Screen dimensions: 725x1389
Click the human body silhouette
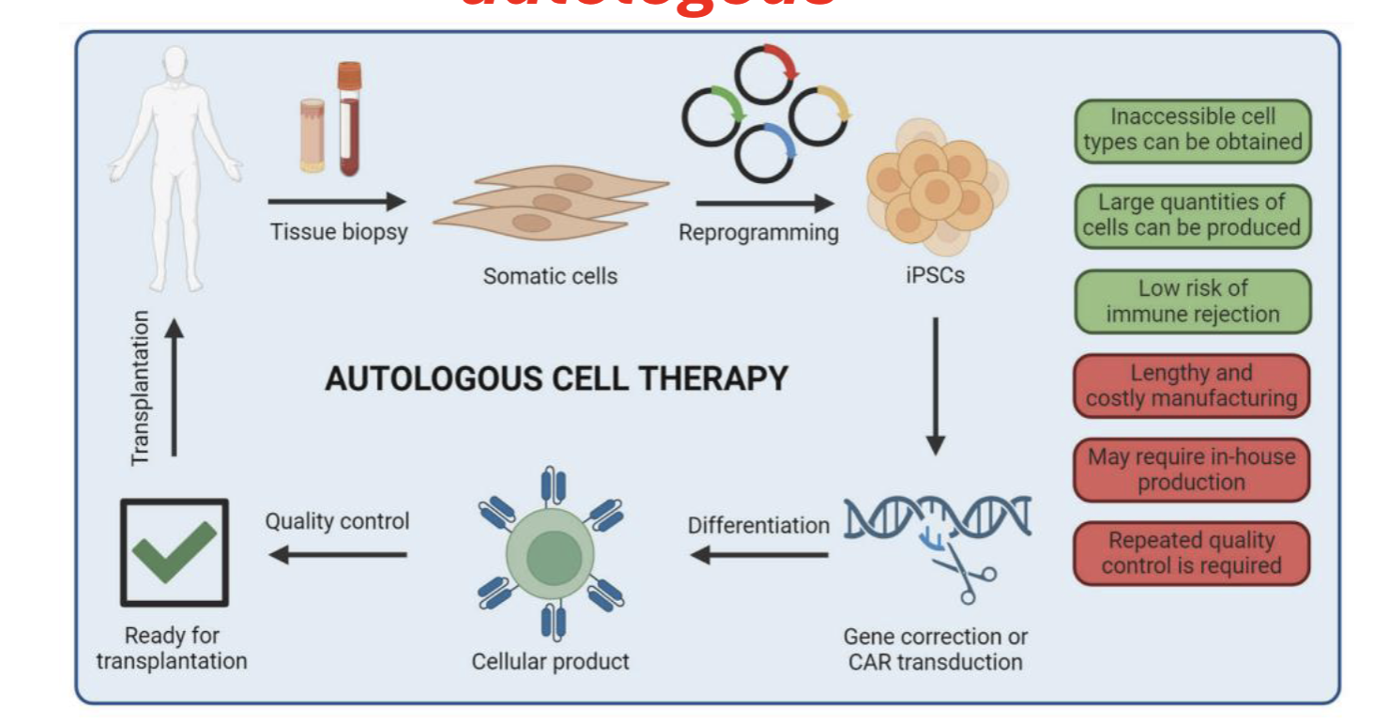pyautogui.click(x=175, y=160)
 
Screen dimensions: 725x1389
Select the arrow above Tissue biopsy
pyautogui.click(x=337, y=201)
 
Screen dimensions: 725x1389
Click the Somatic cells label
pyautogui.click(x=550, y=276)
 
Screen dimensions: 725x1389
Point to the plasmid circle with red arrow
pyautogui.click(x=765, y=72)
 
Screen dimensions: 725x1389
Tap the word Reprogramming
pyautogui.click(x=758, y=232)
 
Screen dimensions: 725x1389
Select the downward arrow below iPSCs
pyautogui.click(x=935, y=385)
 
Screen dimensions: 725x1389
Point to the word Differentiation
pyautogui.click(x=758, y=525)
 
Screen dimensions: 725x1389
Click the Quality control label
pyautogui.click(x=337, y=520)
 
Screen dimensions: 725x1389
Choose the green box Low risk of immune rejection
pyautogui.click(x=1192, y=301)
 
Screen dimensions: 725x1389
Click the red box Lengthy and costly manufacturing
pyautogui.click(x=1192, y=386)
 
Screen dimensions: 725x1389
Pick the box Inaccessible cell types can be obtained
pyautogui.click(x=1192, y=130)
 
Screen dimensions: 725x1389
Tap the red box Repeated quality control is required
pyautogui.click(x=1192, y=553)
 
